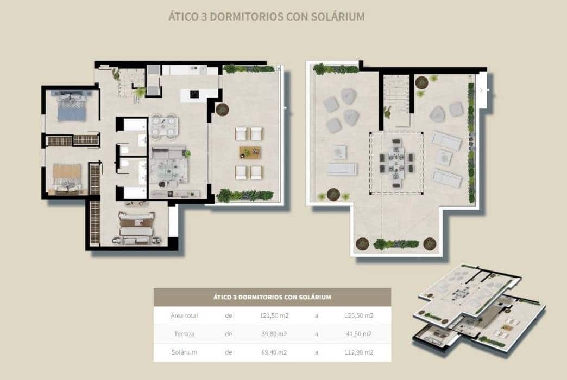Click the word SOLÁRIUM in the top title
pyautogui.click(x=337, y=16)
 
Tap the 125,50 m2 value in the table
pyautogui.click(x=358, y=315)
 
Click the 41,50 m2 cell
pyautogui.click(x=358, y=333)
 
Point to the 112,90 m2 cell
pyautogui.click(x=358, y=352)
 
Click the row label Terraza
pyautogui.click(x=184, y=333)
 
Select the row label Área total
pyautogui.click(x=184, y=315)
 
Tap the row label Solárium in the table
pyautogui.click(x=184, y=352)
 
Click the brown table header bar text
pyautogui.click(x=272, y=297)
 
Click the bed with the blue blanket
pyautogui.click(x=69, y=106)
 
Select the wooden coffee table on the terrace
pyautogui.click(x=248, y=152)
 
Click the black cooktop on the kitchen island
pyautogui.click(x=194, y=94)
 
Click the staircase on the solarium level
pyautogui.click(x=395, y=96)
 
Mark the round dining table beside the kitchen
pyautogui.click(x=164, y=126)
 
